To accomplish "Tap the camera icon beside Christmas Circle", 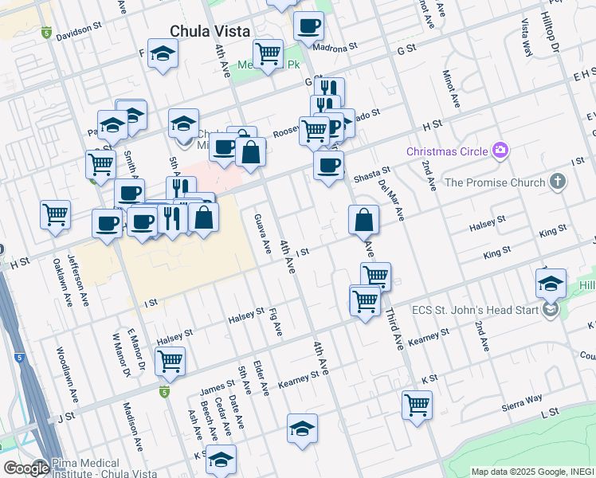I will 500,151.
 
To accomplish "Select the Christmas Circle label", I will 449,151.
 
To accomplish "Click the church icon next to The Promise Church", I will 558,182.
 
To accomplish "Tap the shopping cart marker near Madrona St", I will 269,54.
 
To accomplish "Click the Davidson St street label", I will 80,35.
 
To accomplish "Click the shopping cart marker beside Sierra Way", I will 417,405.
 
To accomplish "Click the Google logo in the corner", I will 25,468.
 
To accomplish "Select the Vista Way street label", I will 527,37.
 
